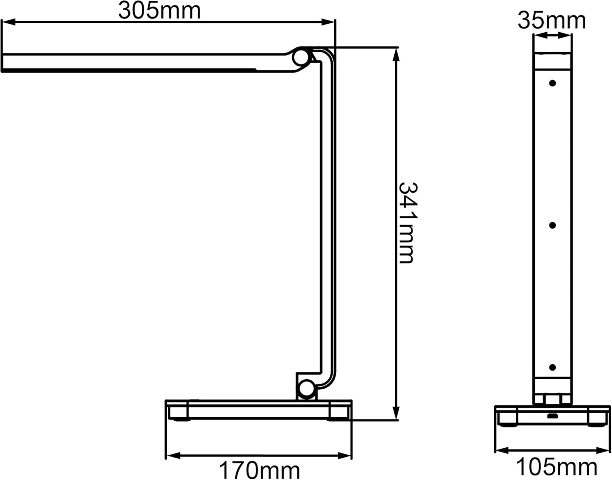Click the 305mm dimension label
click(x=159, y=11)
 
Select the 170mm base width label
click(x=259, y=470)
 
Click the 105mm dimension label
click(x=556, y=467)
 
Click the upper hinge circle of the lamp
click(x=301, y=58)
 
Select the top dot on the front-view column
click(x=552, y=83)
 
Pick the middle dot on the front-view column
click(x=552, y=225)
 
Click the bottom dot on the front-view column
click(x=552, y=368)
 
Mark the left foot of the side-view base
click(x=178, y=412)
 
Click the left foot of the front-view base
click(x=508, y=419)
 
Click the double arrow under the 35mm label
click(x=552, y=36)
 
